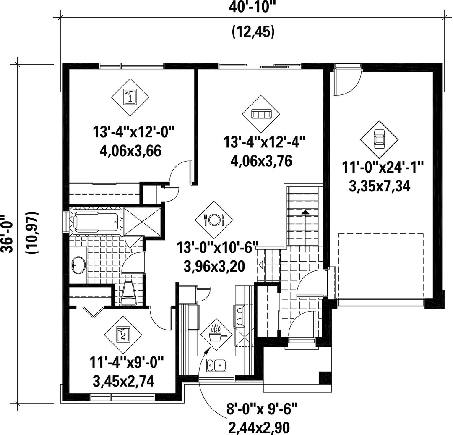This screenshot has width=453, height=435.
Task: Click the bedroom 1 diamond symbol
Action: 130,97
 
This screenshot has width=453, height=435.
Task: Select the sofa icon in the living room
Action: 261,114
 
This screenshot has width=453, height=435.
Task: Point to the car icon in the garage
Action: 379,139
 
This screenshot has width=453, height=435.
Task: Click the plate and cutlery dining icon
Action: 214,220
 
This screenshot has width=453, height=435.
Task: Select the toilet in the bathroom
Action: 129,293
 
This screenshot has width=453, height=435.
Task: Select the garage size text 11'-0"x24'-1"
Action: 383,168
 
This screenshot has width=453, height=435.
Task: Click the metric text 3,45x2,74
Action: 123,381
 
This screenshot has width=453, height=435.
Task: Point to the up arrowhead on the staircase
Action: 305,212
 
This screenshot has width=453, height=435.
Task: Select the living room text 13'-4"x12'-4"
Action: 265,142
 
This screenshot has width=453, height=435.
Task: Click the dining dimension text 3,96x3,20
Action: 214,266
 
